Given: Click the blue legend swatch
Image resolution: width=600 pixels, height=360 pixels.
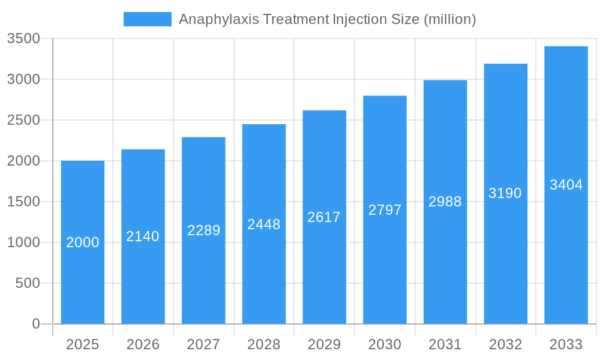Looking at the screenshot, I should coord(147,19).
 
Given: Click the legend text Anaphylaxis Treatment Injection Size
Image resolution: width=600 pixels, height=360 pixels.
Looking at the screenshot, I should coord(327,19).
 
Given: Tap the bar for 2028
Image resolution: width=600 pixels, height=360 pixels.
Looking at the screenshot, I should coord(264,276).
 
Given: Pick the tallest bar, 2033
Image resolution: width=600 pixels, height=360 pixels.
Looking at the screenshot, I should coord(566,252).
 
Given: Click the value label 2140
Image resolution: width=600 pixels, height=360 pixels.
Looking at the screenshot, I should coord(143,236).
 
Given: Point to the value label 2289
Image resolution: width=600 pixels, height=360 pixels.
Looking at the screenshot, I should coord(203,230).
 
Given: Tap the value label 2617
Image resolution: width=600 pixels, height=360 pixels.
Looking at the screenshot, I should coord(324,217).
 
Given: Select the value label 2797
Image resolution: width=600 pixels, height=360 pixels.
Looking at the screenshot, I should coord(385,210).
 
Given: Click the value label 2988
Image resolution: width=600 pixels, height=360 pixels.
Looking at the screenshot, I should coord(445,202).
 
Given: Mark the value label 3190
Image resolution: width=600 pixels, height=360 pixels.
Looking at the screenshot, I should coord(505,193).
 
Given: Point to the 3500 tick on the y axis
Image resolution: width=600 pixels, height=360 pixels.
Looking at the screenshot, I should coord(23,38).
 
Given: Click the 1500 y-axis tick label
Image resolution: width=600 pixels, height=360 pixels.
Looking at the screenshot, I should coord(23,202).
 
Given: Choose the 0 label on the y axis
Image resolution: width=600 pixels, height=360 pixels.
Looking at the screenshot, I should coord(35,324).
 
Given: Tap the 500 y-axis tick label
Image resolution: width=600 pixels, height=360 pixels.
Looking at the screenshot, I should coord(28,283).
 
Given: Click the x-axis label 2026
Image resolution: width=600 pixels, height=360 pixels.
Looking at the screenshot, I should coord(143,344).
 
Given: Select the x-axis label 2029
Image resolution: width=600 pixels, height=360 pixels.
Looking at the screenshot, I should coord(324,344).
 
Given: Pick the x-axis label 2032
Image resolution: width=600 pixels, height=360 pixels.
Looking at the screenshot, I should coord(505,344).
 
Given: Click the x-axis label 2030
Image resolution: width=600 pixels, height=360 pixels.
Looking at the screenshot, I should coord(385,344).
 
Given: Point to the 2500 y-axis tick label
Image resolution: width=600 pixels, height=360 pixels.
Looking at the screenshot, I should coord(23,120).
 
